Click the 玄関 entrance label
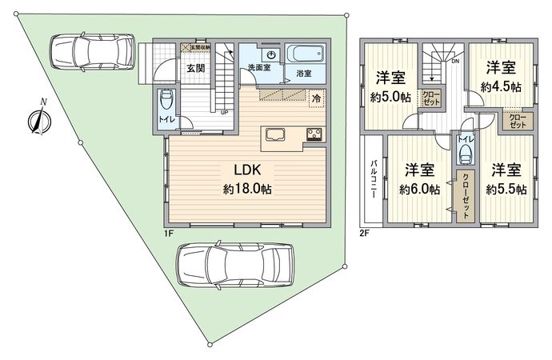pyautogui.click(x=196, y=68)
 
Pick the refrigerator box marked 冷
pyautogui.click(x=316, y=98)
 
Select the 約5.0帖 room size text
pyautogui.click(x=391, y=97)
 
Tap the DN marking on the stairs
pyautogui.click(x=454, y=61)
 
